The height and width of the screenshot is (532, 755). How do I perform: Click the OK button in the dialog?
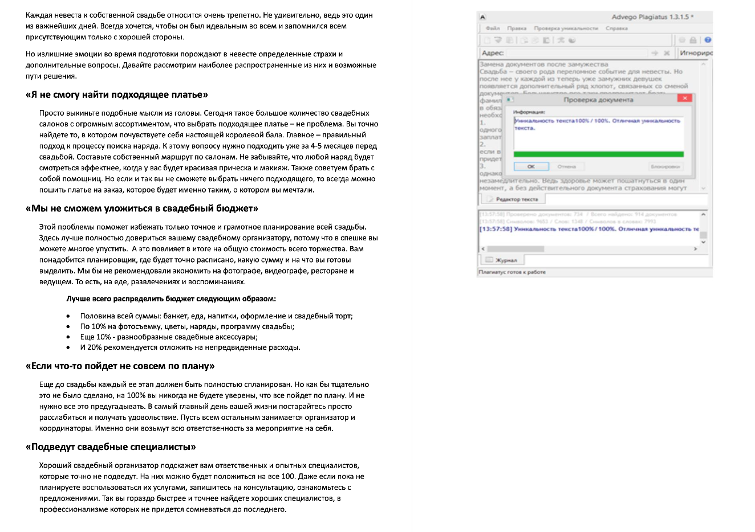tap(531, 166)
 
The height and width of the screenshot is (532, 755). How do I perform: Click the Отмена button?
tap(566, 166)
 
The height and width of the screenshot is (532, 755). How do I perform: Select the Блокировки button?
tap(665, 166)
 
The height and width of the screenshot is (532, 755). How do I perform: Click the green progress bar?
tap(598, 154)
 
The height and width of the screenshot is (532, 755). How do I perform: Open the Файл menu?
tap(493, 28)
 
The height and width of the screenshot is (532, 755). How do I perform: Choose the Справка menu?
tap(616, 28)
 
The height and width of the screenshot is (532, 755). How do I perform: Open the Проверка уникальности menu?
tap(566, 28)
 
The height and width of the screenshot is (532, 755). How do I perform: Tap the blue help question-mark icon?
tap(708, 40)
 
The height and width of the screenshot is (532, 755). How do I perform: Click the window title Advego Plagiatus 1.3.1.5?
tap(652, 17)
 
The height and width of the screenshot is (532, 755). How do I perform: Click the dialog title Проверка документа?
tap(598, 100)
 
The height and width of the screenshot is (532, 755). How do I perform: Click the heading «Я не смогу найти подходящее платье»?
tap(117, 95)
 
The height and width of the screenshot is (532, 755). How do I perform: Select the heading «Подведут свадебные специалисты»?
tap(111, 447)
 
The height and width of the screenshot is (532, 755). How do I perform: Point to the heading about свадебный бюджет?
tap(142, 208)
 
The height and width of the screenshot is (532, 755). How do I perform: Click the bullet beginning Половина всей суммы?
tap(216, 316)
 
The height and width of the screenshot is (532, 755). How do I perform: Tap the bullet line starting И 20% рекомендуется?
tap(190, 347)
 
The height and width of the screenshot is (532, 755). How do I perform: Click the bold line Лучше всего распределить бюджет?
tap(171, 298)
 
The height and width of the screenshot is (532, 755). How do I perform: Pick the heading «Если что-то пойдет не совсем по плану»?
tap(120, 366)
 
